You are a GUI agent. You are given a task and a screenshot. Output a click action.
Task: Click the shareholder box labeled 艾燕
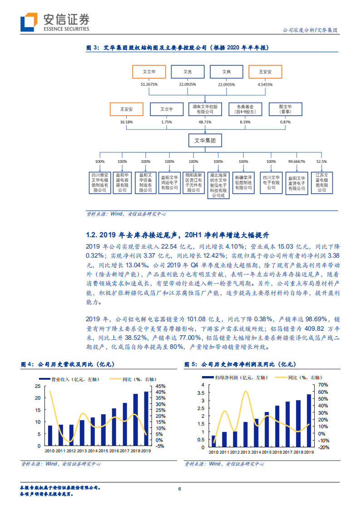click(x=226, y=72)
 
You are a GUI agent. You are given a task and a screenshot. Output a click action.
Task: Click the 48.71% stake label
click(x=205, y=122)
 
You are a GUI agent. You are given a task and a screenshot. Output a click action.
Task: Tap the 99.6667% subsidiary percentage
click(x=296, y=162)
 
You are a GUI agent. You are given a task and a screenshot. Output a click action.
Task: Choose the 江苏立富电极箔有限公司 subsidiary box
click(x=321, y=182)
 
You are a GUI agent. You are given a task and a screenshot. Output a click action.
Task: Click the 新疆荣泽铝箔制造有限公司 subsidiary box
click(x=243, y=182)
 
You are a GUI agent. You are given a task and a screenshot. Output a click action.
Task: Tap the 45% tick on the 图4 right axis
click(x=160, y=386)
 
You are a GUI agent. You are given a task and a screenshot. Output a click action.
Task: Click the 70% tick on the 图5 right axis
click(x=323, y=385)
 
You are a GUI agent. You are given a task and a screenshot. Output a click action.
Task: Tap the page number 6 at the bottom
click(x=180, y=489)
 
